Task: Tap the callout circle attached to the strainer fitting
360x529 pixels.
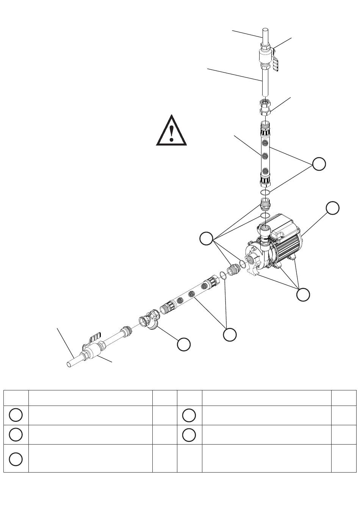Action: (184, 344)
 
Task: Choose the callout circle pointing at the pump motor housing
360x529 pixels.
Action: (333, 208)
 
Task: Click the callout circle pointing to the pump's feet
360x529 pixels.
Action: (303, 295)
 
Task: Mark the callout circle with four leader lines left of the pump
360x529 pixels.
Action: (207, 239)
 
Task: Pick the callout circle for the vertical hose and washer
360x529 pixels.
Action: (319, 164)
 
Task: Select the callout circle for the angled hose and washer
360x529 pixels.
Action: (230, 335)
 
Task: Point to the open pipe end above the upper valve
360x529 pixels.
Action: (266, 32)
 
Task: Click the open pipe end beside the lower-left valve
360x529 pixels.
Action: (70, 364)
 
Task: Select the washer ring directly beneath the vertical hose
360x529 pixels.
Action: (266, 193)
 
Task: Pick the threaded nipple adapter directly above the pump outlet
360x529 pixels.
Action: (266, 204)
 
